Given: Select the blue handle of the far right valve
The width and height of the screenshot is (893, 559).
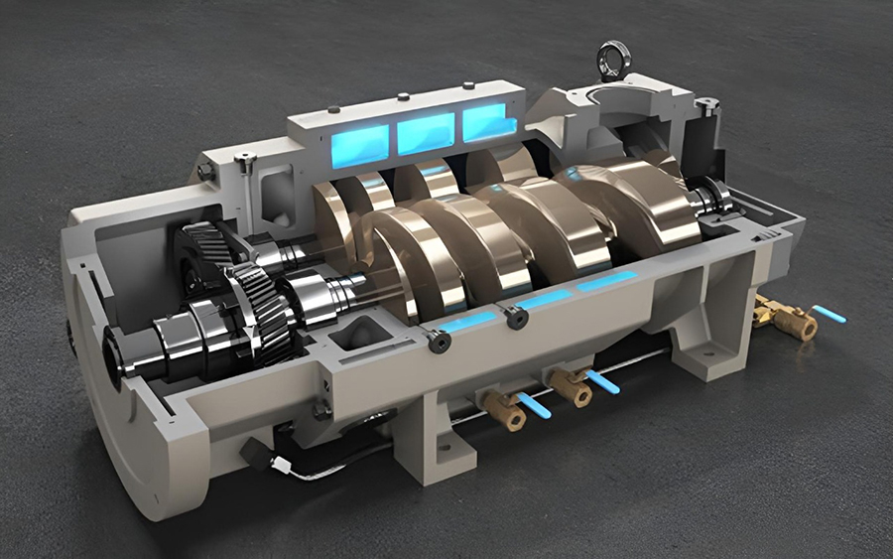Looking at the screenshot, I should pyautogui.click(x=829, y=315).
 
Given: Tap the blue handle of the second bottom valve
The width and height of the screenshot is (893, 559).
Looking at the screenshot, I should pyautogui.click(x=601, y=382).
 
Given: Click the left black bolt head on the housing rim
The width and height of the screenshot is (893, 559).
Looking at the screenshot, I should pyautogui.click(x=438, y=341).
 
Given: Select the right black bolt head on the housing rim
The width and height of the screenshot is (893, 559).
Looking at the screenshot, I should pyautogui.click(x=514, y=318).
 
